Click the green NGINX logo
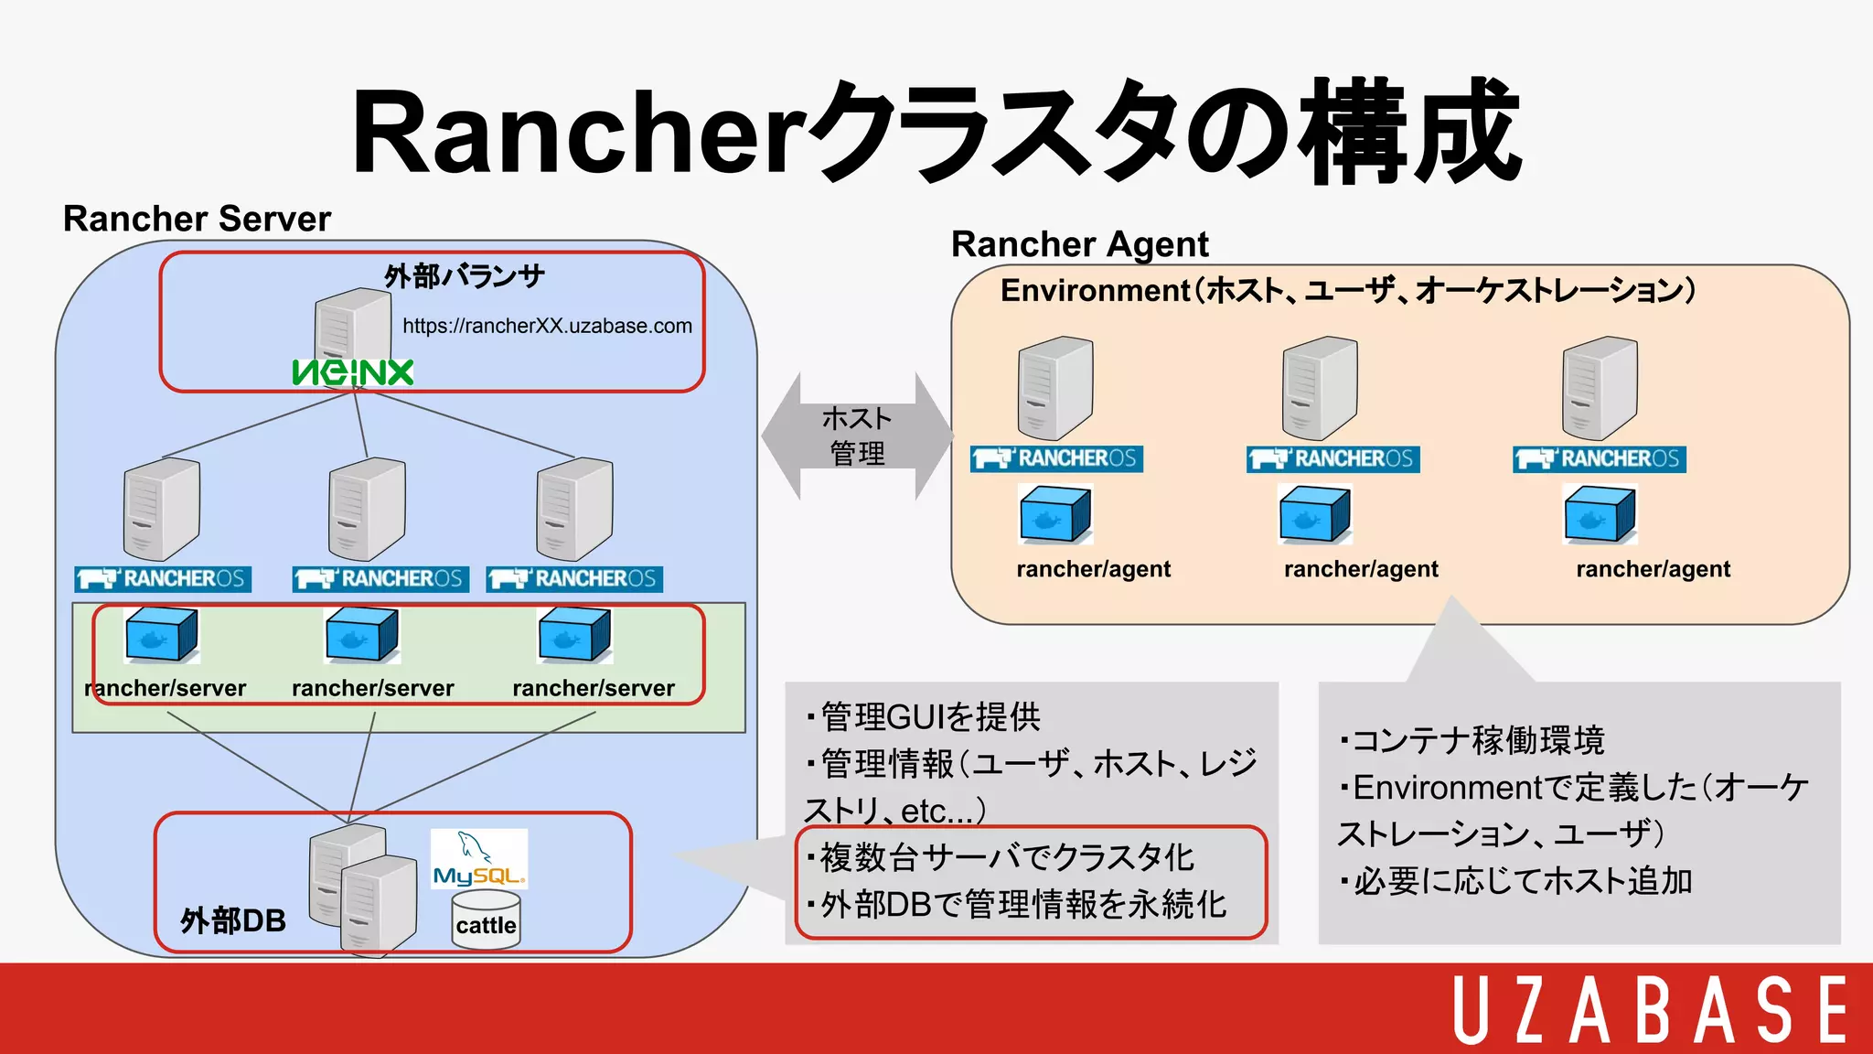click(353, 372)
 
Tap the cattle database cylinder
click(486, 922)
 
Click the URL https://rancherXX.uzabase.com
click(547, 326)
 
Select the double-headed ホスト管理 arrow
click(857, 436)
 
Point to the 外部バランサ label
click(465, 275)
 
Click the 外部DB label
click(233, 920)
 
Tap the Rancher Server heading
click(197, 219)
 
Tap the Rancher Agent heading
click(1079, 244)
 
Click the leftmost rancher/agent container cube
click(1055, 515)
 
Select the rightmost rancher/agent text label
click(1653, 569)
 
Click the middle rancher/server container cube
click(362, 634)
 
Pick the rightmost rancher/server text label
click(594, 688)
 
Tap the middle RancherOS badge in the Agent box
click(1333, 458)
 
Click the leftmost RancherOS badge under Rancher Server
click(163, 579)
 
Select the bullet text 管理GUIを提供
click(929, 716)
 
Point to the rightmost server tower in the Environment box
click(1600, 388)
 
